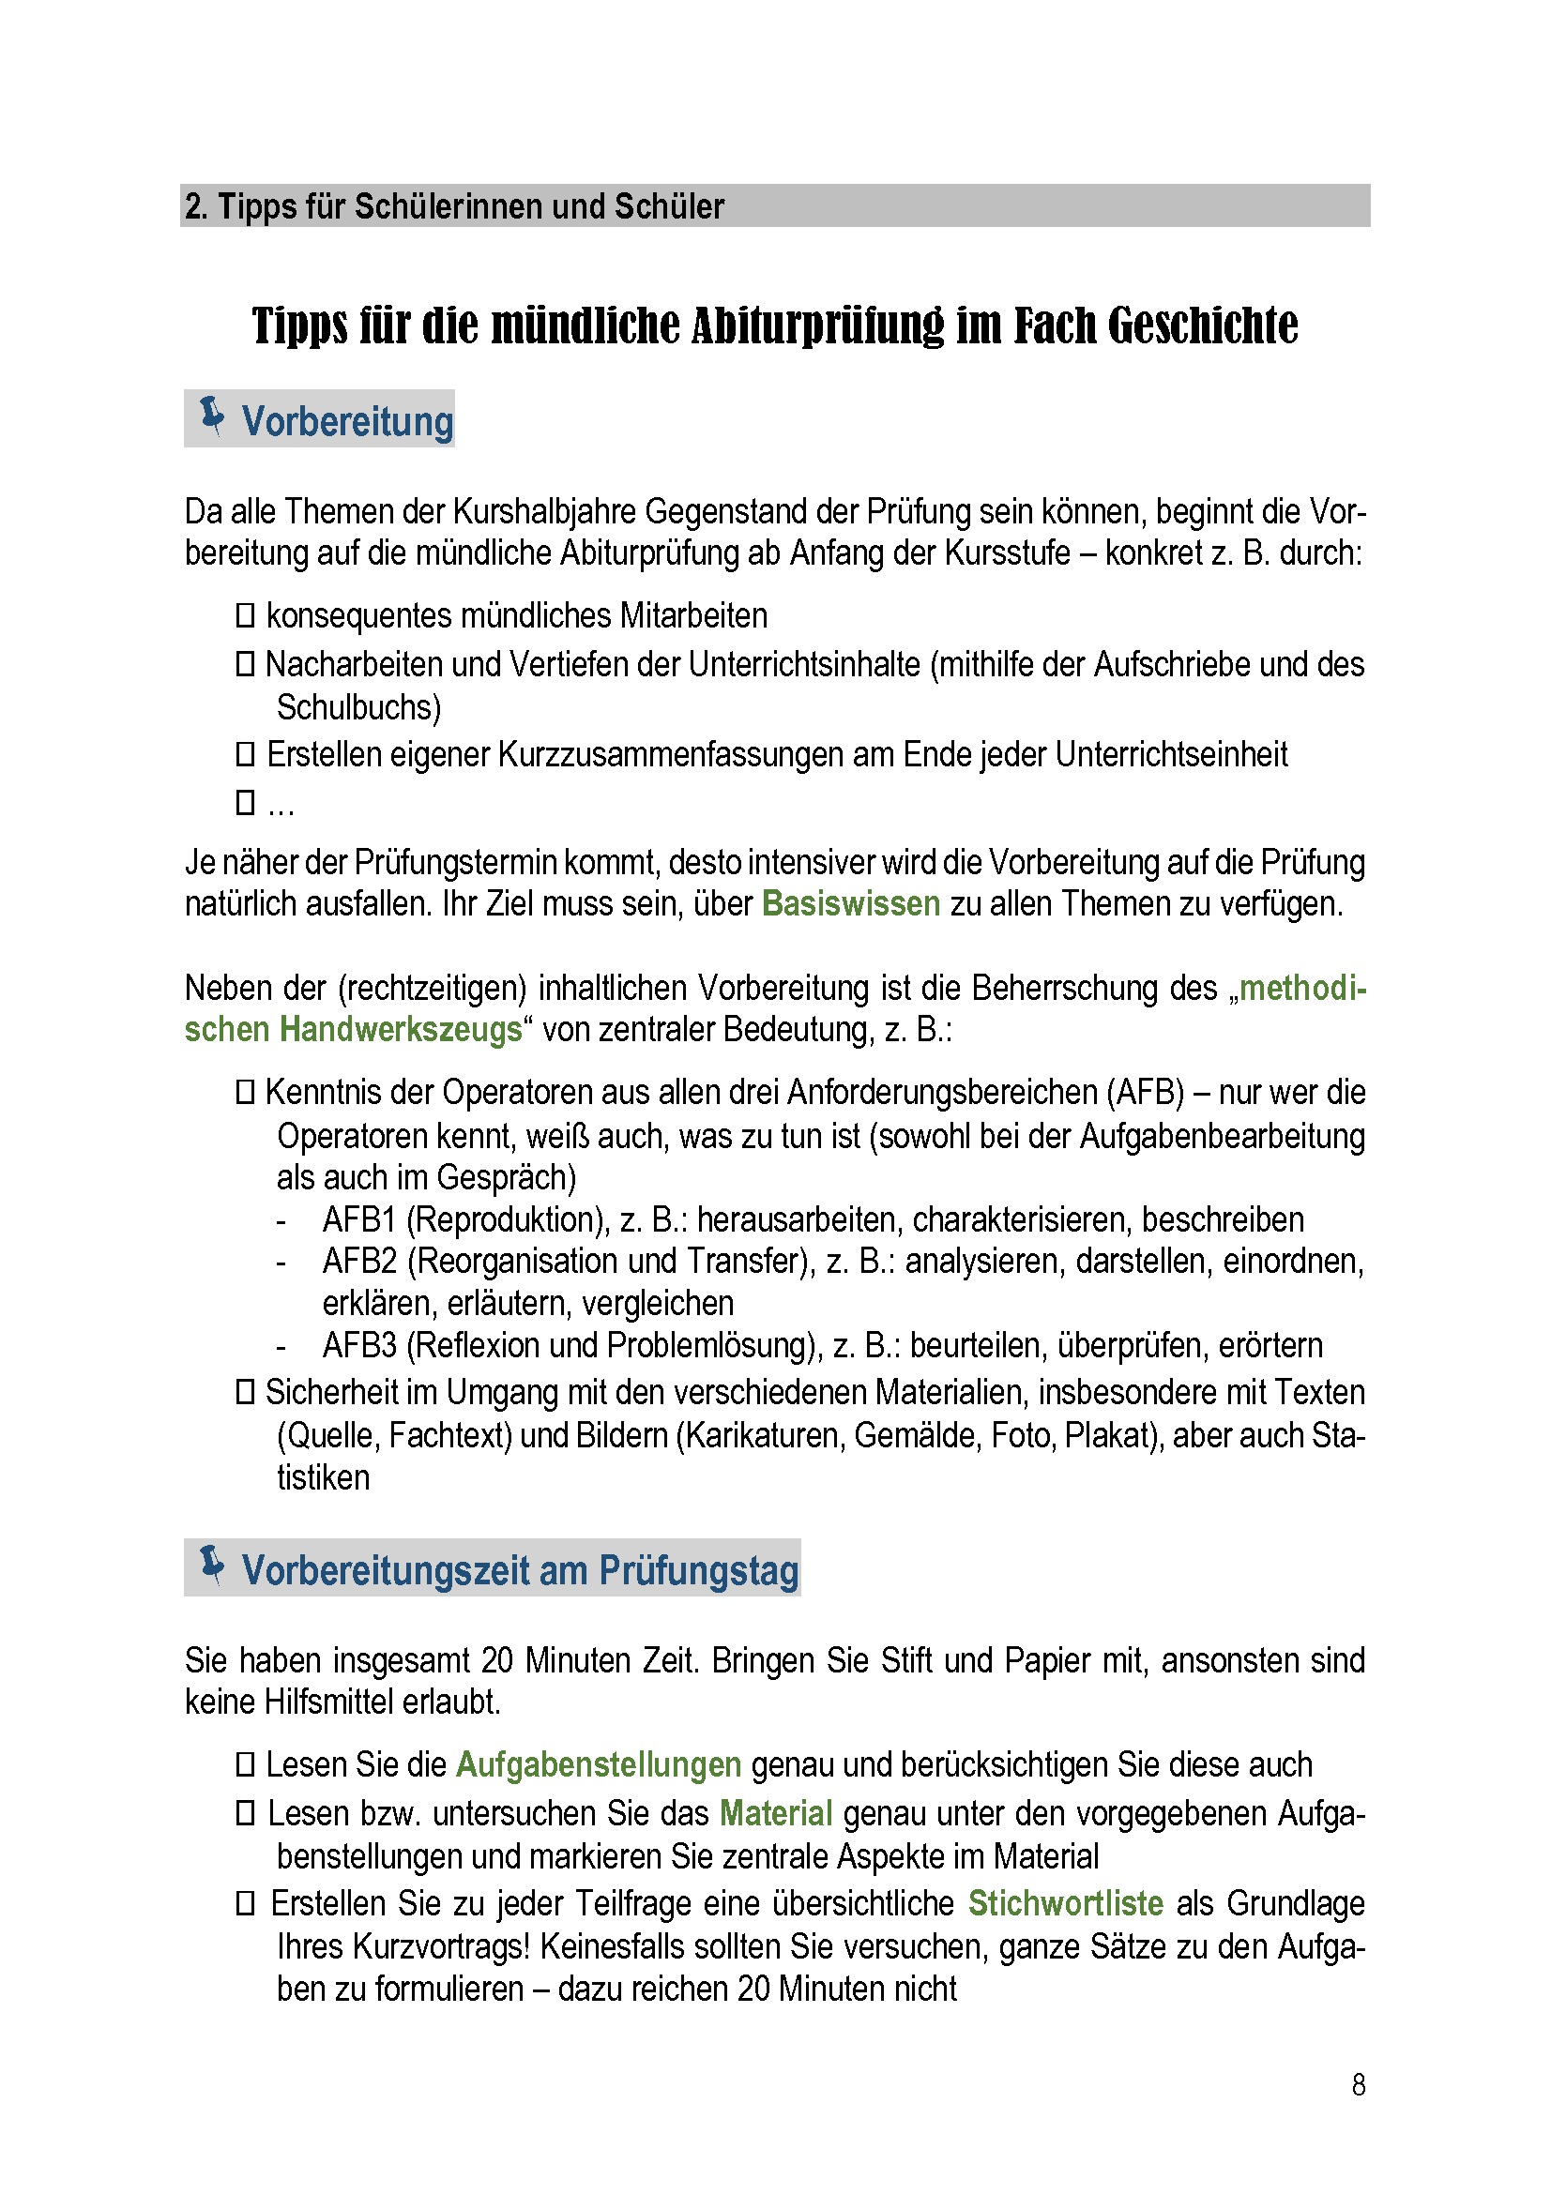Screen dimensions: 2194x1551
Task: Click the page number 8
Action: click(1358, 2084)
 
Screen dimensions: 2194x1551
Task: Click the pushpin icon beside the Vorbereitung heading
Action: click(212, 416)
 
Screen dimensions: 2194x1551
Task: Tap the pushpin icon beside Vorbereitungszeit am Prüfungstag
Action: click(212, 1566)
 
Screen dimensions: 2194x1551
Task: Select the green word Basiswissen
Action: click(850, 903)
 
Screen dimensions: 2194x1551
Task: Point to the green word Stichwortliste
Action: click(1066, 1902)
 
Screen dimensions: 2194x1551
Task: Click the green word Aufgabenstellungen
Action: click(599, 1764)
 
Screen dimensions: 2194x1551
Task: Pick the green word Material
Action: click(776, 1813)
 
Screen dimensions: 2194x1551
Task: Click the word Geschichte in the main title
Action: click(1203, 325)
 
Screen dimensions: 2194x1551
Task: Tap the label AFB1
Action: click(359, 1220)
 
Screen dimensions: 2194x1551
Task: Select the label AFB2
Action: click(359, 1262)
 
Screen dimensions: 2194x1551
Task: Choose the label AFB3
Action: click(359, 1345)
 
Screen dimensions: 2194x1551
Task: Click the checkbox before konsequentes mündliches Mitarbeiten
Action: click(246, 615)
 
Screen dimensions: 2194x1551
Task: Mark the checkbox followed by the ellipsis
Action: click(246, 802)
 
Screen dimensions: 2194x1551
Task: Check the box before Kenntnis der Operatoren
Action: click(246, 1091)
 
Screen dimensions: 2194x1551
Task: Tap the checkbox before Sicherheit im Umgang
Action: click(246, 1391)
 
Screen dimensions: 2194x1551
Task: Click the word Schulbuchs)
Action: click(359, 707)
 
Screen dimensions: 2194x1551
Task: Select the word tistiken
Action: click(323, 1477)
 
